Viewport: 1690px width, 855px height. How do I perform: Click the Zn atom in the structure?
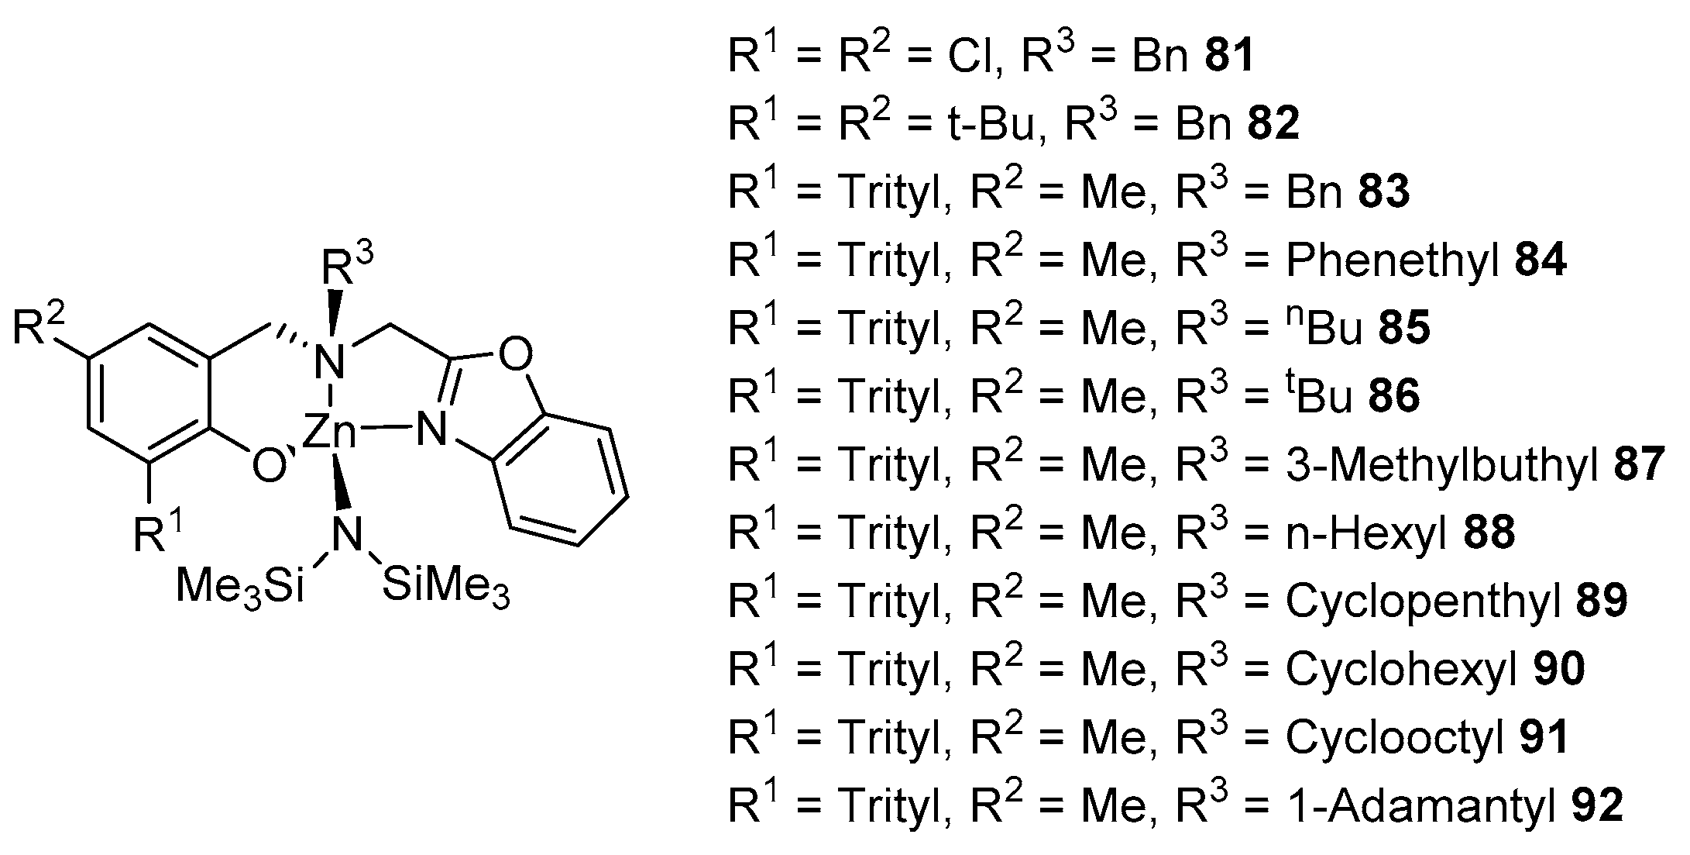tap(328, 433)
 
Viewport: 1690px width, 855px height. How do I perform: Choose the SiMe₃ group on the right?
tap(446, 586)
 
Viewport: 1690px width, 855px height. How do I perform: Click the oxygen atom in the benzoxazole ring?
tap(515, 356)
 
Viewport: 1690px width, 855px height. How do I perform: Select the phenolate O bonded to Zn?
tap(267, 467)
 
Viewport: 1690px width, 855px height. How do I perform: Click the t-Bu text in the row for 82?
tap(992, 125)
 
